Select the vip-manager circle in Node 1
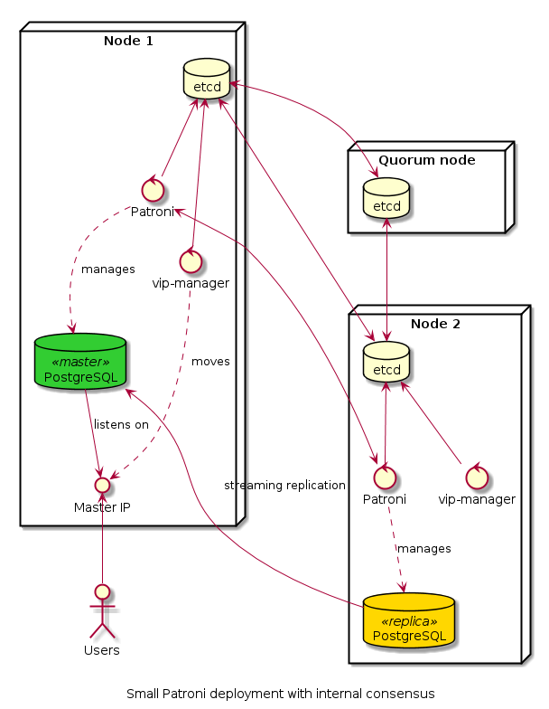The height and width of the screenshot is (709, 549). pyautogui.click(x=191, y=261)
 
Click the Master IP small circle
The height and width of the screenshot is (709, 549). pyautogui.click(x=102, y=487)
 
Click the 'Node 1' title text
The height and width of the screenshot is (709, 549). pyautogui.click(x=128, y=40)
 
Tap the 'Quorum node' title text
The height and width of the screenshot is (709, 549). pyautogui.click(x=426, y=160)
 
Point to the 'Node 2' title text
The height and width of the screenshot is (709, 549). pyautogui.click(x=434, y=324)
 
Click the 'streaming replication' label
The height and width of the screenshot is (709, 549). pyautogui.click(x=284, y=485)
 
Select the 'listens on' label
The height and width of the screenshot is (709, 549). pyautogui.click(x=121, y=424)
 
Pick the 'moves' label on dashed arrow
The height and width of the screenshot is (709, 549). pyautogui.click(x=210, y=362)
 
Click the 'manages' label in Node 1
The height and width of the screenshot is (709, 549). pyautogui.click(x=107, y=269)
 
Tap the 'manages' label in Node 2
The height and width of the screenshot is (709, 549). pyautogui.click(x=423, y=548)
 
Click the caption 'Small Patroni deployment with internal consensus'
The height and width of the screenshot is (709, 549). pyautogui.click(x=280, y=694)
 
